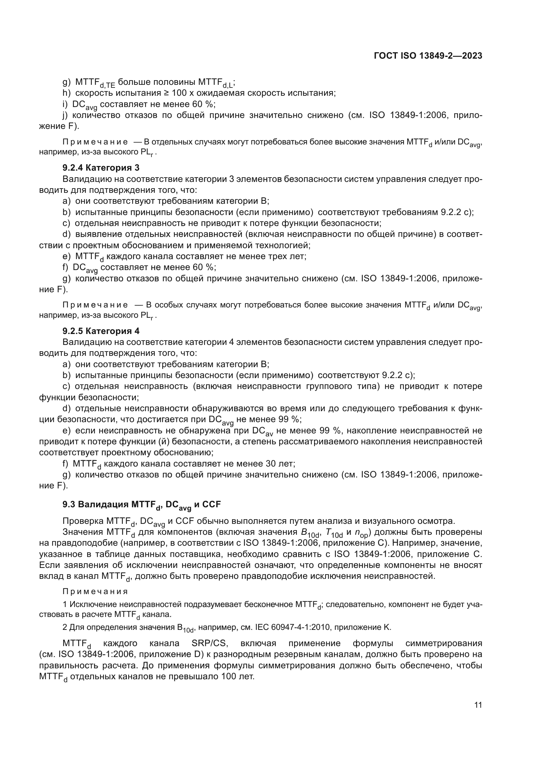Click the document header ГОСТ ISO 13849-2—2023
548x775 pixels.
[x=428, y=56]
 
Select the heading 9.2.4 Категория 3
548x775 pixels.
[x=101, y=168]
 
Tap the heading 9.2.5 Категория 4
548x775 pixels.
[x=101, y=331]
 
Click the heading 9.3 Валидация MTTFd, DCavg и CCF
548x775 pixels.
[x=141, y=505]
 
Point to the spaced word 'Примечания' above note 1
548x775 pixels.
[x=95, y=592]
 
